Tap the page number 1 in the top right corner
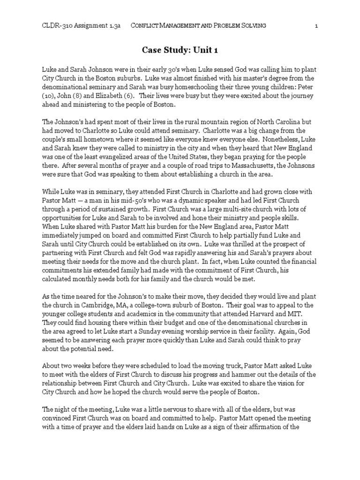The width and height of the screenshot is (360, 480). pyautogui.click(x=316, y=26)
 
